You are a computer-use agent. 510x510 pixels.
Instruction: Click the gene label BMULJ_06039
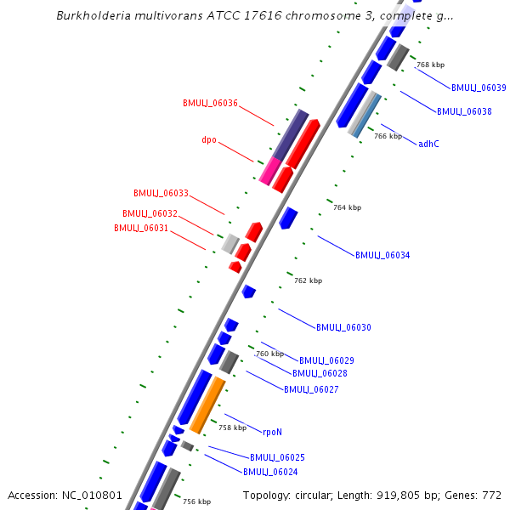(x=479, y=88)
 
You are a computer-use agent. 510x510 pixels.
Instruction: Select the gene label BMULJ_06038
(x=464, y=111)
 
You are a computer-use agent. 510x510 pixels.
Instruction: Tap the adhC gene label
(x=428, y=144)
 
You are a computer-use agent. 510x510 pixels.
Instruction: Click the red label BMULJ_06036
(x=210, y=103)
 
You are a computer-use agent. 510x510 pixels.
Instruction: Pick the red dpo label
(x=209, y=139)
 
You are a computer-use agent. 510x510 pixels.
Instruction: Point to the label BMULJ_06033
(x=161, y=193)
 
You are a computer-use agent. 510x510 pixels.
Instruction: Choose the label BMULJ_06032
(x=150, y=213)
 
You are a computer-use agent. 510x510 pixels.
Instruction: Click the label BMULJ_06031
(x=141, y=228)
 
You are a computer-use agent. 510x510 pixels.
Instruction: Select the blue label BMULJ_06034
(x=382, y=255)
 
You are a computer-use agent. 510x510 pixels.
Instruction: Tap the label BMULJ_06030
(x=343, y=327)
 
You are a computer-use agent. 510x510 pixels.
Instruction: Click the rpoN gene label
(x=272, y=432)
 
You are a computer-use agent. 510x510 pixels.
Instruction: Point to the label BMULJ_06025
(x=277, y=457)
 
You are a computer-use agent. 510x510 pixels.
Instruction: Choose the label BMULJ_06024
(x=270, y=472)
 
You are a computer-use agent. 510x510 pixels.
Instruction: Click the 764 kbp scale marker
(x=347, y=207)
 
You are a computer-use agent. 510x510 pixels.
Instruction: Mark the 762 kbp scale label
(x=308, y=280)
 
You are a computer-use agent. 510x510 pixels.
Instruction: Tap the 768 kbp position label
(x=430, y=65)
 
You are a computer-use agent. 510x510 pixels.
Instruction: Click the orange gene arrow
(x=207, y=405)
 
